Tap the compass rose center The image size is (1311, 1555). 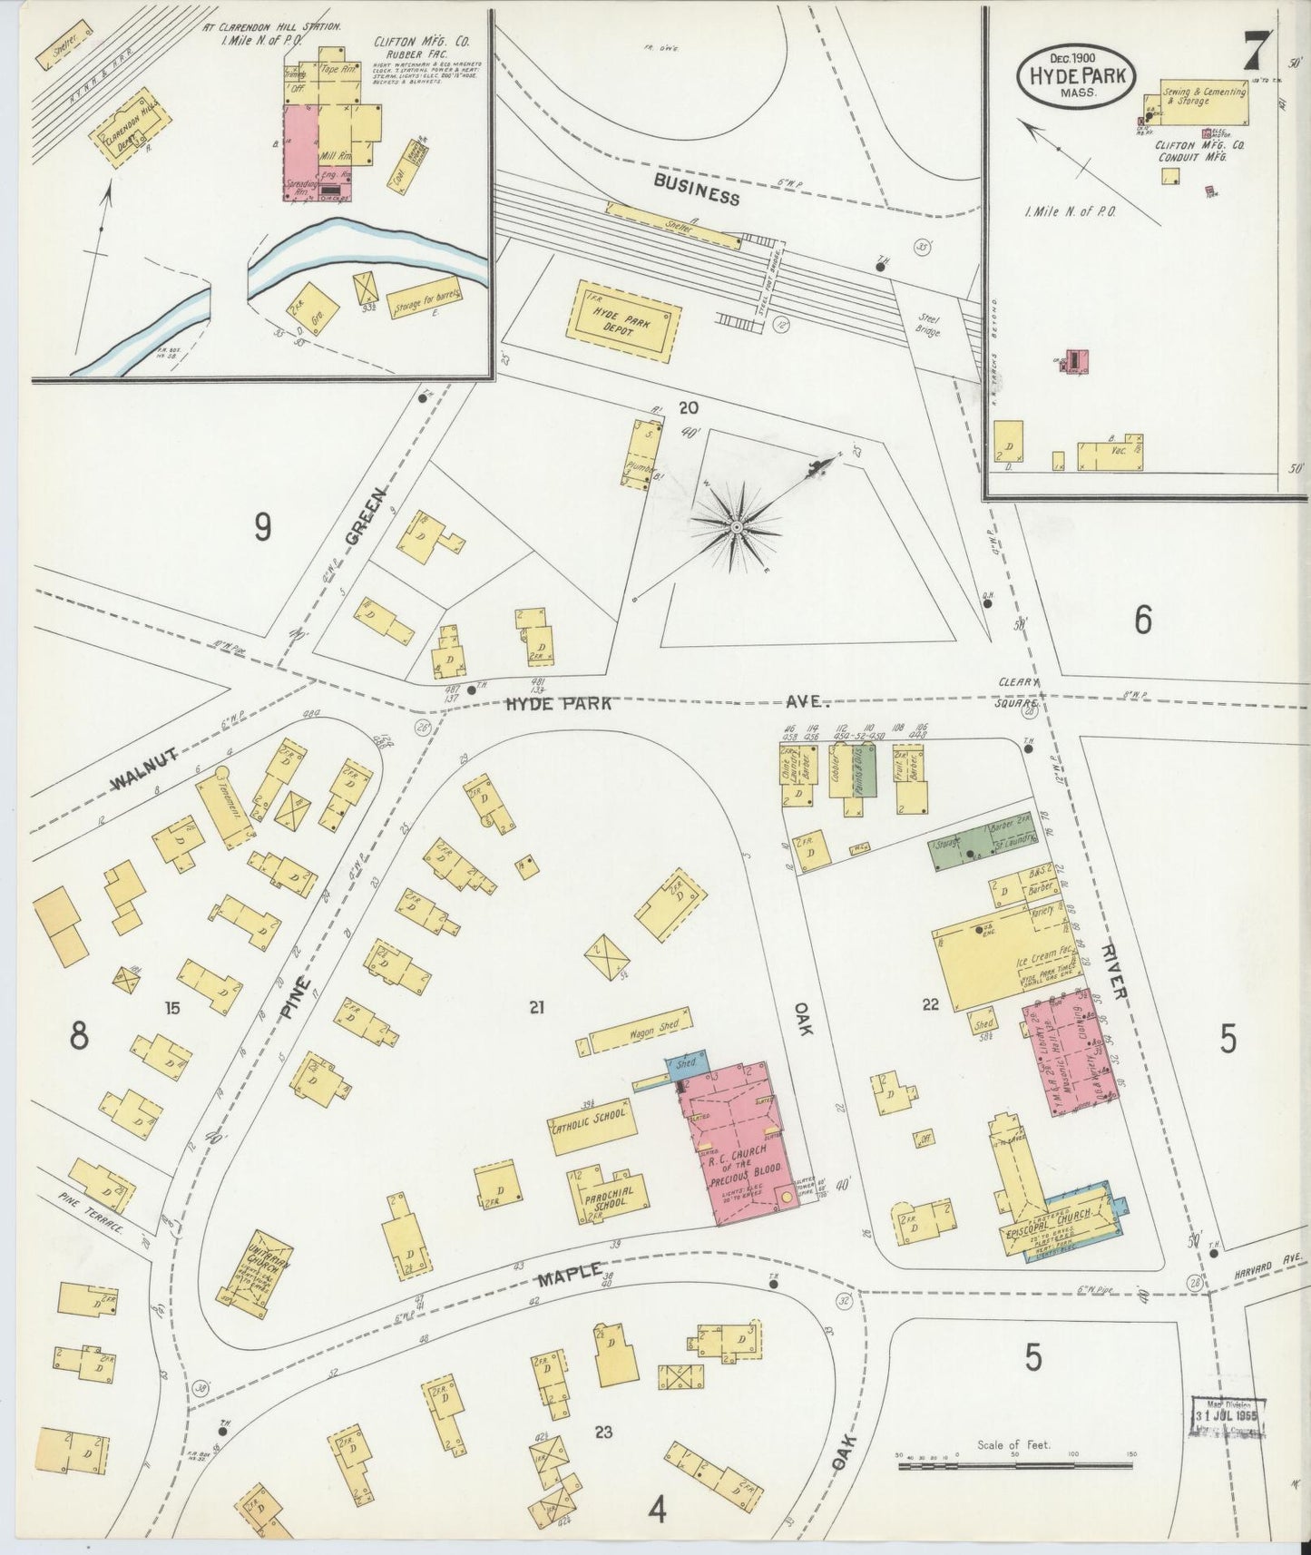pos(737,525)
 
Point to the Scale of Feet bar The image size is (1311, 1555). pos(1014,1465)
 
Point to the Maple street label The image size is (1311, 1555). pos(569,1275)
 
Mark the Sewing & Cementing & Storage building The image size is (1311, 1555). pos(1205,98)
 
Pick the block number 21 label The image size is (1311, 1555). pos(537,1005)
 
